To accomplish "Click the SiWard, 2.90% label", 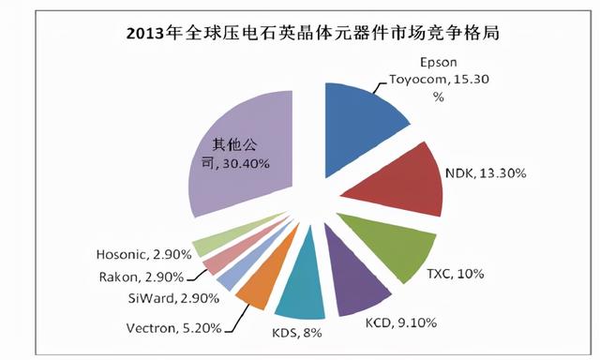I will [174, 298].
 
